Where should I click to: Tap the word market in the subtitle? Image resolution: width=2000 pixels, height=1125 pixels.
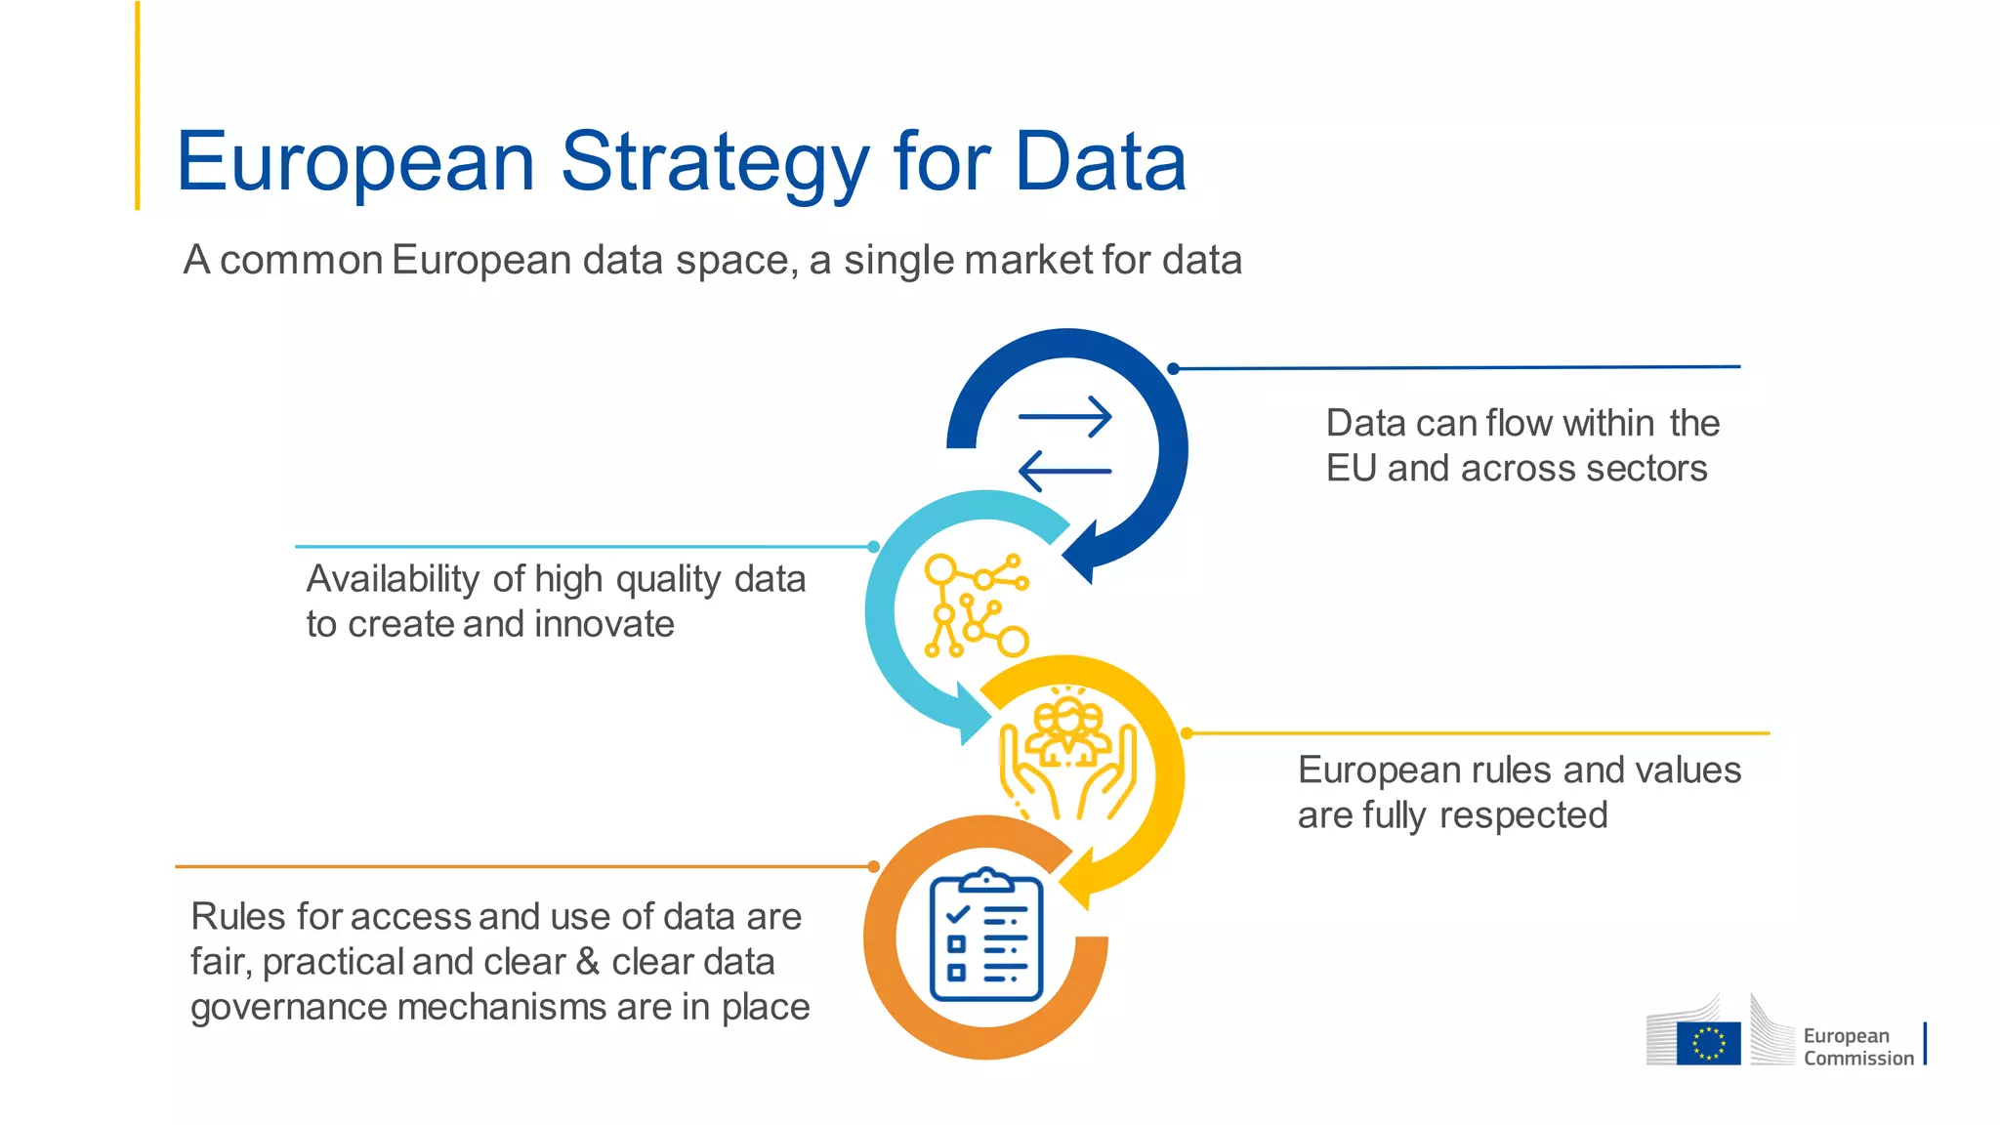(x=1028, y=260)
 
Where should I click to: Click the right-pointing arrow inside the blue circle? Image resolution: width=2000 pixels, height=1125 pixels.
(x=1064, y=417)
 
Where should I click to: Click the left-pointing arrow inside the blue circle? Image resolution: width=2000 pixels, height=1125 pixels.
(x=1064, y=471)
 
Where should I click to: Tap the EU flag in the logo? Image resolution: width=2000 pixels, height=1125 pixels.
(x=1708, y=1043)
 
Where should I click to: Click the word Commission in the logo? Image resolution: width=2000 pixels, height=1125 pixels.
(x=1858, y=1059)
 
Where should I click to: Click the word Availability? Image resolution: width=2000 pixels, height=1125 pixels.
(x=394, y=579)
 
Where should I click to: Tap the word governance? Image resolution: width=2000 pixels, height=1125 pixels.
(x=289, y=1007)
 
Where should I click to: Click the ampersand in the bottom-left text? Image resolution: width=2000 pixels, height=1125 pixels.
(x=588, y=962)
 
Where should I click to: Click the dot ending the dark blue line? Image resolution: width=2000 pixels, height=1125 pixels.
(x=1174, y=369)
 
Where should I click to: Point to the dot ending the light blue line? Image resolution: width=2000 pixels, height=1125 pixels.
(x=874, y=547)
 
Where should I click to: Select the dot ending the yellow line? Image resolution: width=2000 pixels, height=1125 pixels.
(x=1187, y=733)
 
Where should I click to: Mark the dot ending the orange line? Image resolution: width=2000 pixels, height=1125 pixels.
(x=874, y=866)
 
